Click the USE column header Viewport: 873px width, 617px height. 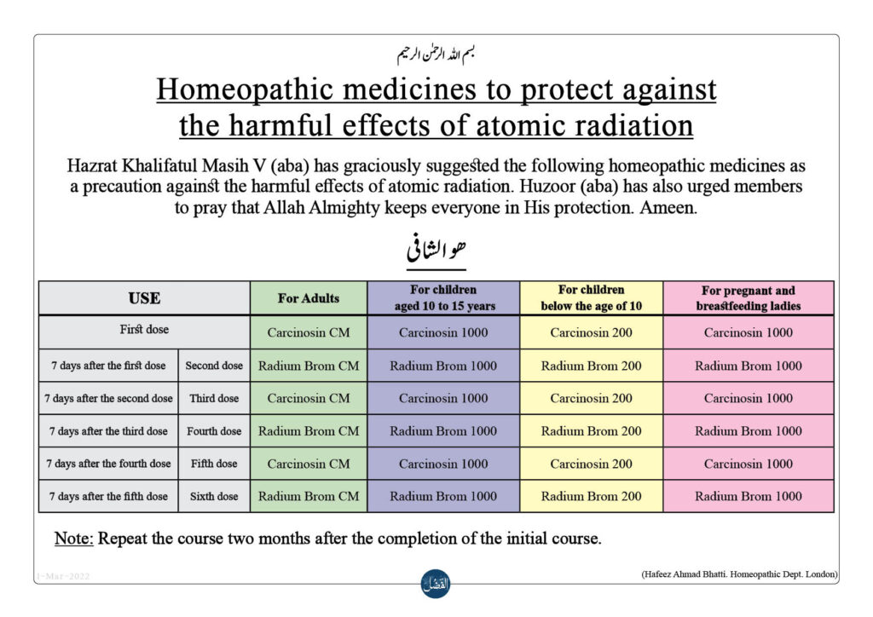click(144, 298)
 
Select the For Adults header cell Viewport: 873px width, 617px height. click(309, 298)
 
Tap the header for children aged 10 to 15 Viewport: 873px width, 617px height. click(443, 298)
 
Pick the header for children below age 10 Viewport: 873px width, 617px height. click(592, 298)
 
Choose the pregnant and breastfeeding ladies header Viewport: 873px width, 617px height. click(749, 298)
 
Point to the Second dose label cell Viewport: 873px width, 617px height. click(214, 366)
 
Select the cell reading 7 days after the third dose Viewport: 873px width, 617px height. click(108, 431)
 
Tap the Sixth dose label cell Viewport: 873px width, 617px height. click(214, 496)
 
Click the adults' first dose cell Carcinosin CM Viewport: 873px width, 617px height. click(309, 332)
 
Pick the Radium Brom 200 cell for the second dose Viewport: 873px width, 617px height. click(592, 366)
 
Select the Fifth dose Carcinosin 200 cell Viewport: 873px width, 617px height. click(592, 464)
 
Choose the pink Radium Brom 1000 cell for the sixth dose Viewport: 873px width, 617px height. click(749, 496)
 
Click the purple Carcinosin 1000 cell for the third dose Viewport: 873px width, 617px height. click(443, 398)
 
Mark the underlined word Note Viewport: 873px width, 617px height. click(73, 539)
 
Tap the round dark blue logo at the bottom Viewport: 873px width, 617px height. click(436, 584)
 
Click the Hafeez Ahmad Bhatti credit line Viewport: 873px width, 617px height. click(739, 574)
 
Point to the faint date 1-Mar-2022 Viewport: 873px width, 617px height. click(63, 576)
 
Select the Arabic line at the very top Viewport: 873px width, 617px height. click(436, 54)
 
